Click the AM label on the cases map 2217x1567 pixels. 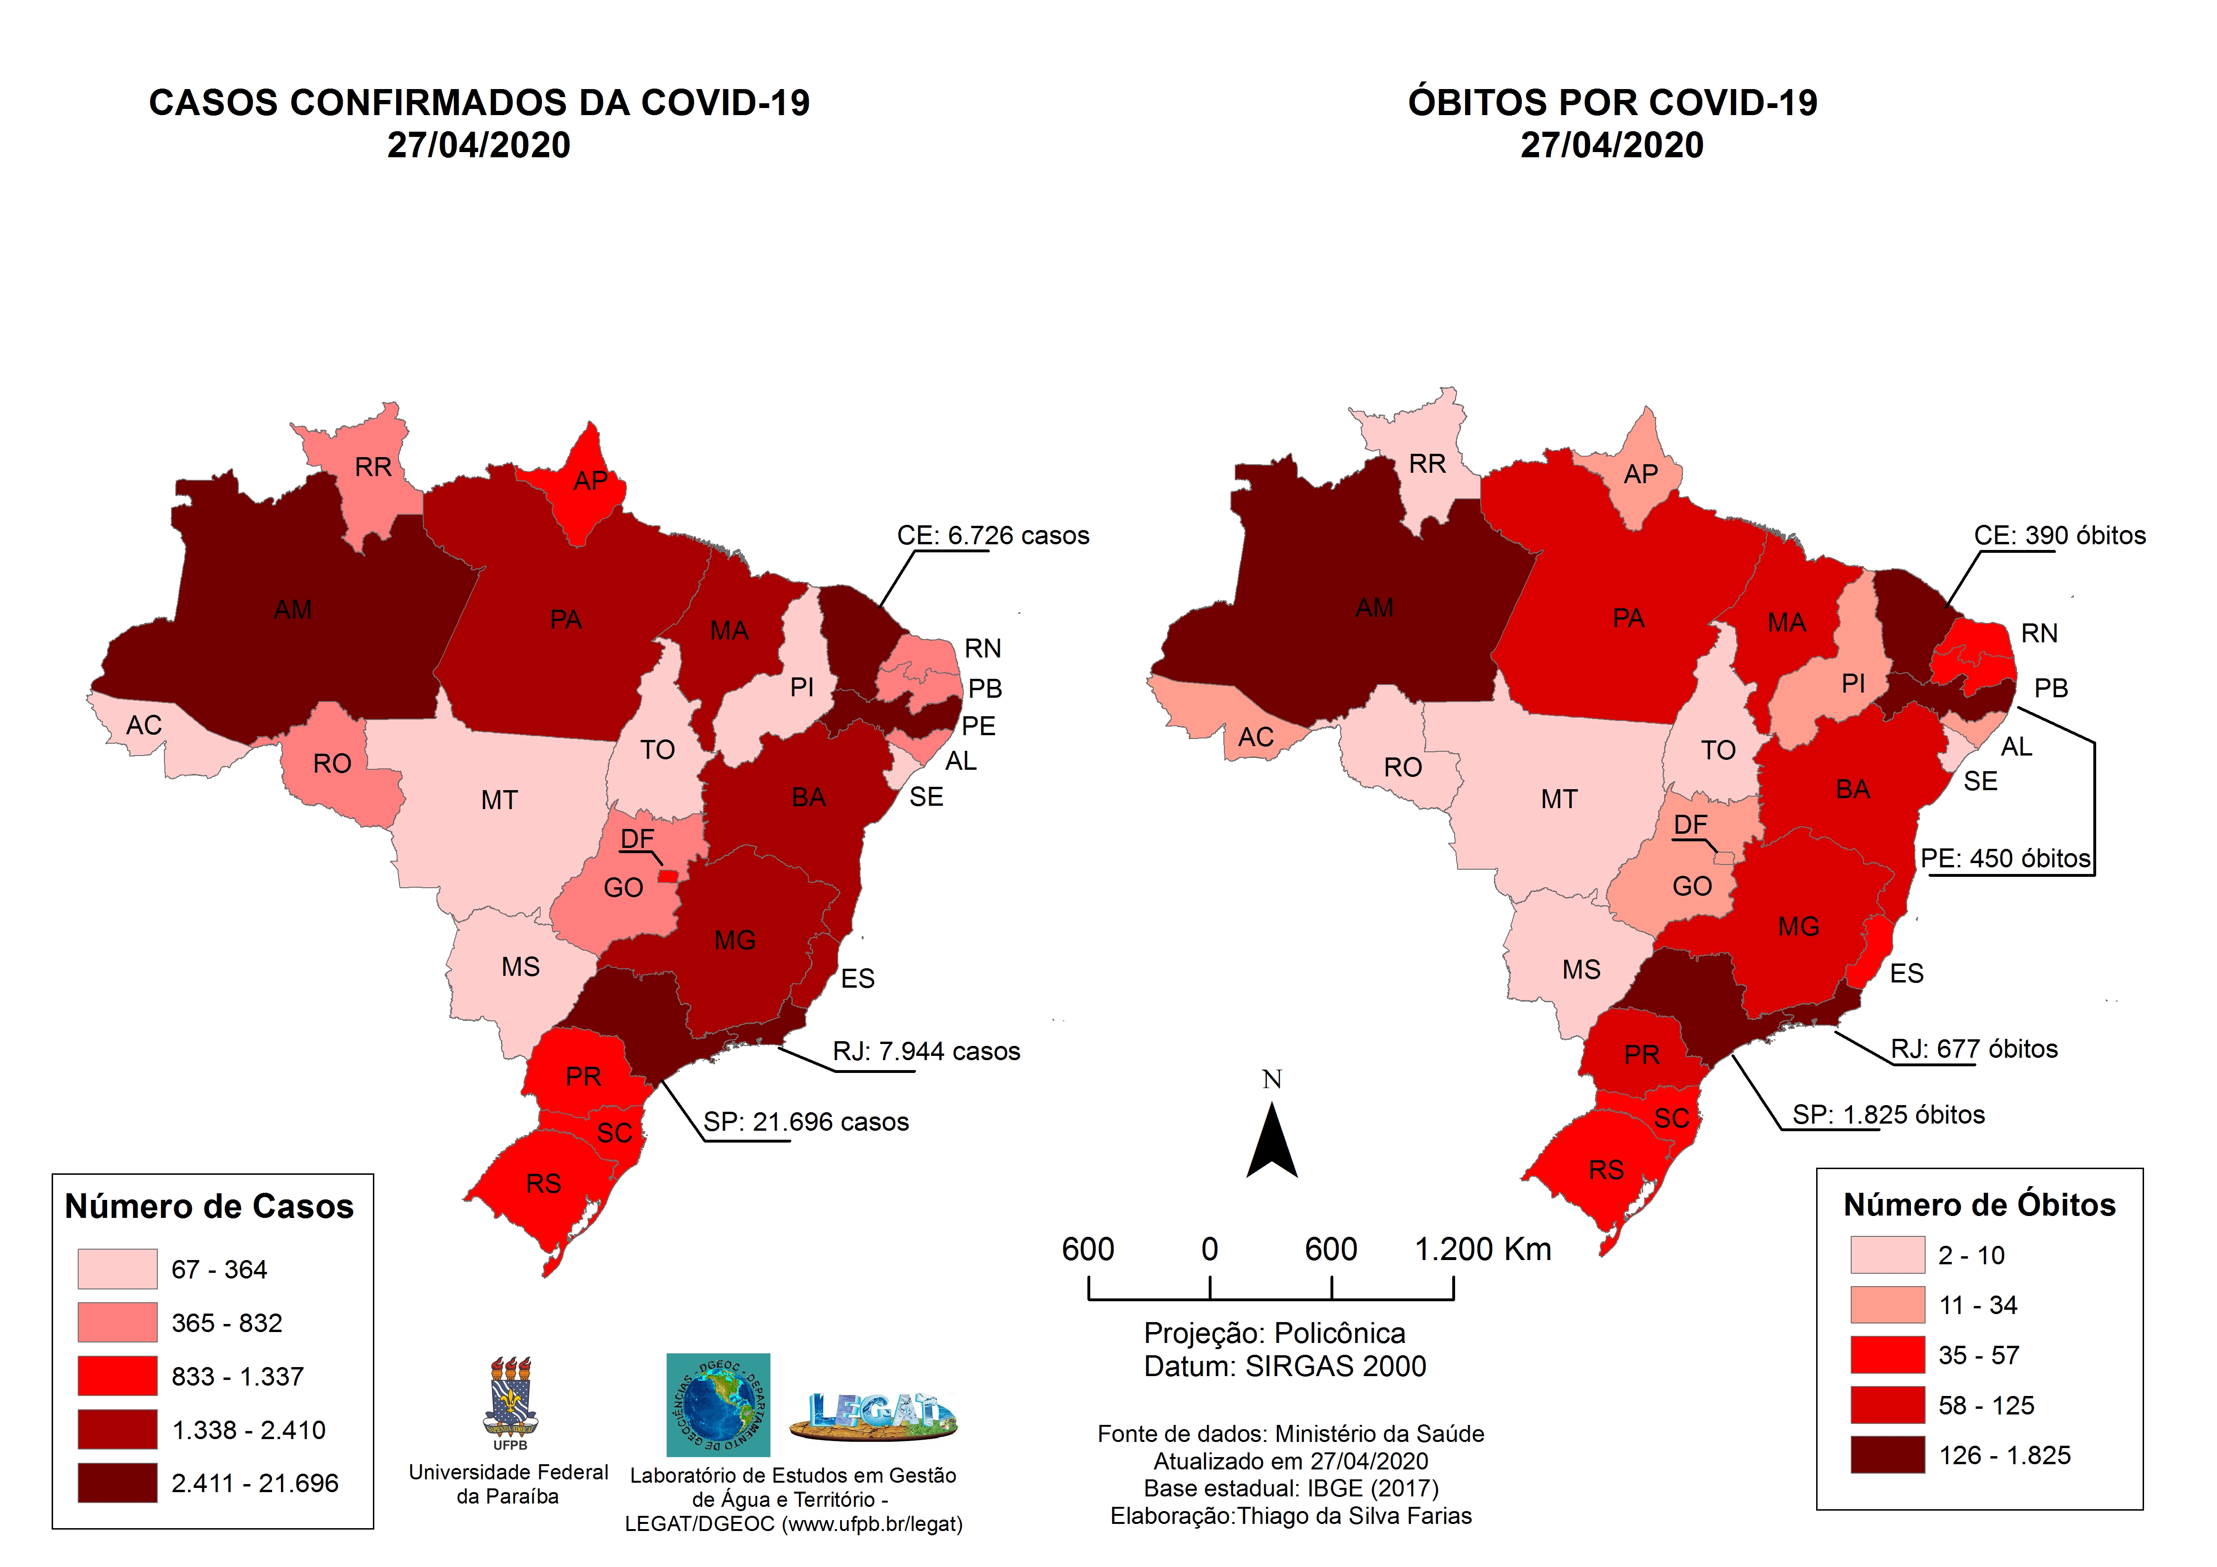(292, 610)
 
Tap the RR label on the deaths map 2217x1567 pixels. (1427, 464)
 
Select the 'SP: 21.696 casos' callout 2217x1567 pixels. (805, 1122)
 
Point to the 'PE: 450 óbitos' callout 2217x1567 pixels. (2005, 858)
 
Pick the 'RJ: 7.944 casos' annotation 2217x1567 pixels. (926, 1052)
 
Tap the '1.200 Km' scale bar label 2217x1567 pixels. (1482, 1249)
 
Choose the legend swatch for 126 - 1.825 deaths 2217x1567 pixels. (1887, 1455)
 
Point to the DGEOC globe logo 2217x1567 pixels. (717, 1405)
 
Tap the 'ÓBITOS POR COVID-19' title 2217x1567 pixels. (1611, 102)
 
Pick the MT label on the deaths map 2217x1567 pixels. (1558, 800)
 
